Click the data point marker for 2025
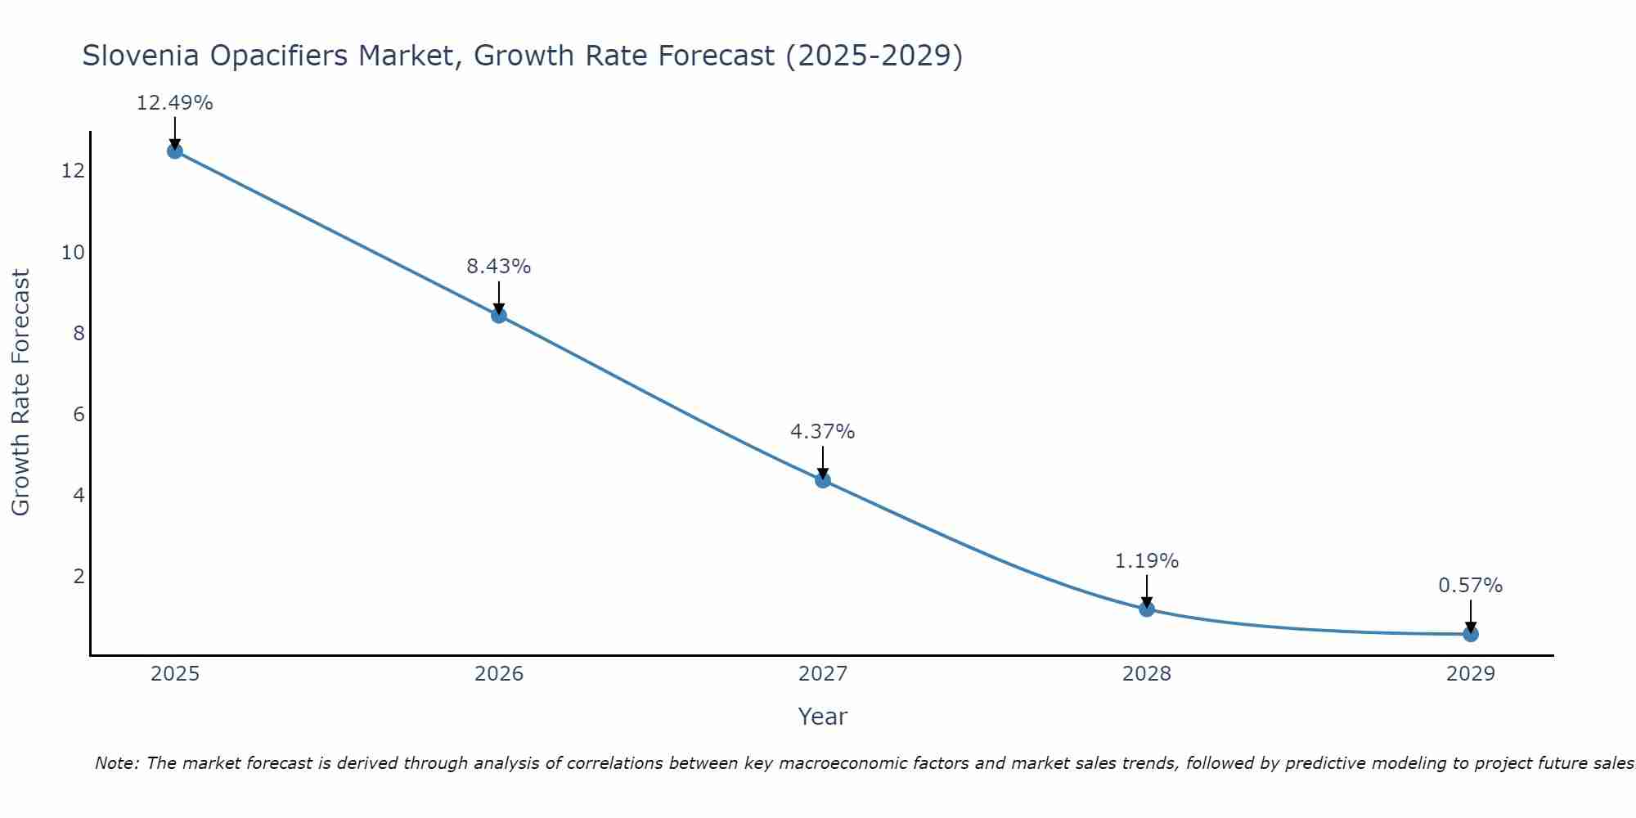(x=174, y=151)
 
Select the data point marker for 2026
(x=499, y=315)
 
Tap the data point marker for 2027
(x=823, y=480)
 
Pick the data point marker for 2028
(x=1147, y=609)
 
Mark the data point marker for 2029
(x=1471, y=634)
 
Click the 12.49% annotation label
(x=174, y=103)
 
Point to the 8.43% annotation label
(x=499, y=267)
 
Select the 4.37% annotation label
(x=823, y=432)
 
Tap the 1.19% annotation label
(x=1147, y=561)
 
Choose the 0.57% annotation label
(x=1471, y=586)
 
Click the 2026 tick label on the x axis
(x=499, y=674)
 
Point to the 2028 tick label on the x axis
(x=1147, y=674)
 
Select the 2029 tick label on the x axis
(x=1471, y=674)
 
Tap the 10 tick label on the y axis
(x=74, y=252)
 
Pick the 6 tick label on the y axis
(x=79, y=414)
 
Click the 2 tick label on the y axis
(x=79, y=577)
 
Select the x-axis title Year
(x=823, y=717)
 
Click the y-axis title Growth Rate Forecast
(x=21, y=393)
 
